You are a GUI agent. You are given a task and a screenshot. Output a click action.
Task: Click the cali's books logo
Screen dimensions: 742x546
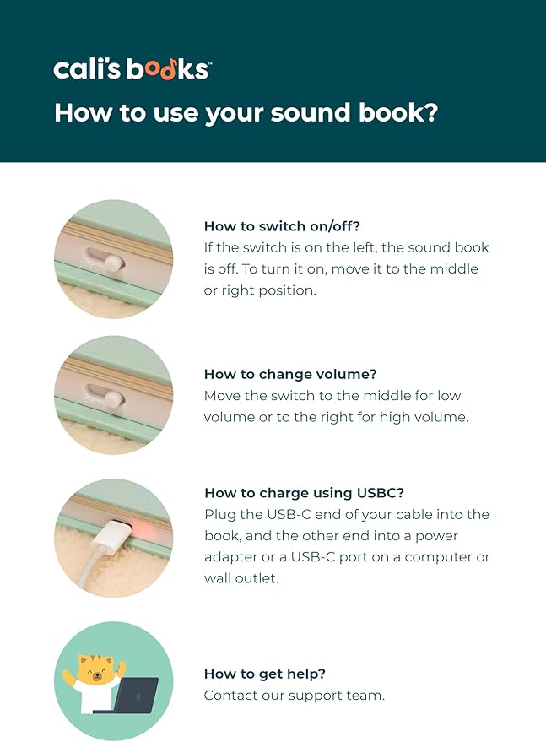click(x=132, y=68)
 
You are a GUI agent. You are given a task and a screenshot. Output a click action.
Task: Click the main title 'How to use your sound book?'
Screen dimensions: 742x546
click(x=246, y=112)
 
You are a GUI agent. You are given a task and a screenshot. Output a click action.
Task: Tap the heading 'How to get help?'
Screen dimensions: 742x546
click(x=265, y=674)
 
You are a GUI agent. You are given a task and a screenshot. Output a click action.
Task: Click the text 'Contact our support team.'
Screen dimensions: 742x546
click(x=295, y=696)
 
